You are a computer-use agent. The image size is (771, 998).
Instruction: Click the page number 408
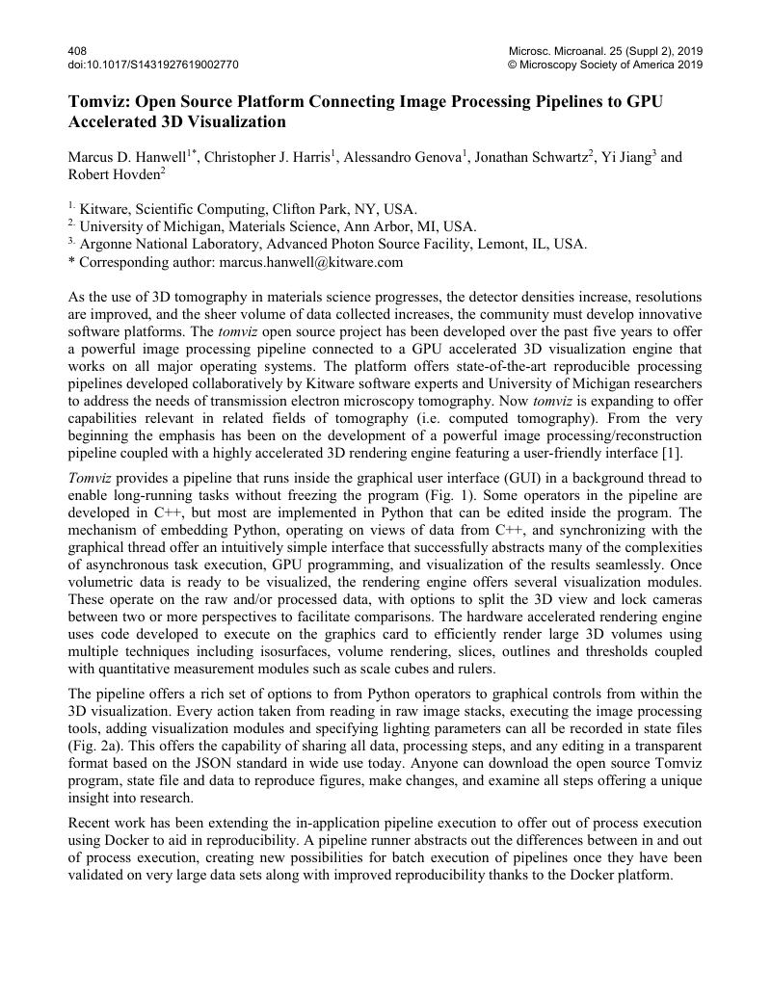[x=77, y=50]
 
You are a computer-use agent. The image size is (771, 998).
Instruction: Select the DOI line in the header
[x=153, y=65]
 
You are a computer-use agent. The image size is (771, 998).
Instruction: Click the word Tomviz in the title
[x=96, y=102]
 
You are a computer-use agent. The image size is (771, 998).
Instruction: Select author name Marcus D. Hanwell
[x=126, y=158]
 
